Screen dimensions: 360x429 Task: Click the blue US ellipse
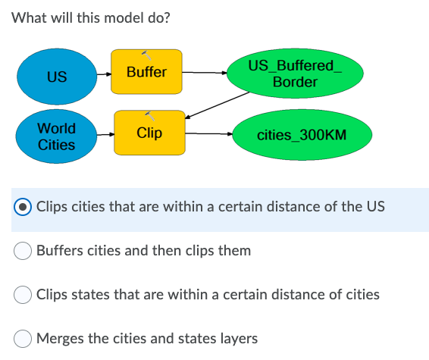pyautogui.click(x=55, y=77)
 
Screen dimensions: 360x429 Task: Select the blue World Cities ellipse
pyautogui.click(x=56, y=136)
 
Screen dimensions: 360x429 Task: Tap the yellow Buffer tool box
pyautogui.click(x=146, y=72)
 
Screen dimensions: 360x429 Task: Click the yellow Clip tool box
pyautogui.click(x=149, y=133)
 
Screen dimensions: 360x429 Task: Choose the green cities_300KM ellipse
pyautogui.click(x=302, y=136)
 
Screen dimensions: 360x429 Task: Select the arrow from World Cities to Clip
pyautogui.click(x=105, y=134)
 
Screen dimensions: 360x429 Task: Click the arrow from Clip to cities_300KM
pyautogui.click(x=209, y=135)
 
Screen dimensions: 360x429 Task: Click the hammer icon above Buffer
pyautogui.click(x=146, y=55)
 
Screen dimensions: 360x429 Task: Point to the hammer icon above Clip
pyautogui.click(x=152, y=115)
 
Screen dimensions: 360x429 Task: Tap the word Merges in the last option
pyautogui.click(x=60, y=338)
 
